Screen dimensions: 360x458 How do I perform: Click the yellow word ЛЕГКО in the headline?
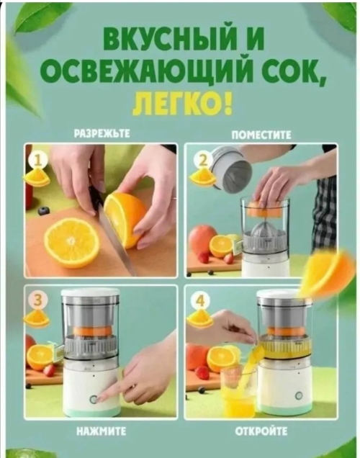tap(179, 104)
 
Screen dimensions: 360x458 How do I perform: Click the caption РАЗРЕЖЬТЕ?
tap(102, 134)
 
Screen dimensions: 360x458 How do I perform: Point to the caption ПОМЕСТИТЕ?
tap(261, 135)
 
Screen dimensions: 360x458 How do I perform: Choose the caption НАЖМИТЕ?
tap(101, 431)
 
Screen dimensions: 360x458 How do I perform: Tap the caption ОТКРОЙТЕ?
tap(261, 431)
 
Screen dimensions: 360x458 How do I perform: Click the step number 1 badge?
tap(38, 161)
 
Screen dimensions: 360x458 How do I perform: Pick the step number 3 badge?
tap(37, 300)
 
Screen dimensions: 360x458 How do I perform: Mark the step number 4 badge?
tap(200, 300)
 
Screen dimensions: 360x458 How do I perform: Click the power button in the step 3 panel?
tap(94, 399)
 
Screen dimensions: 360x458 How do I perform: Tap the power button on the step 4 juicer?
tap(298, 396)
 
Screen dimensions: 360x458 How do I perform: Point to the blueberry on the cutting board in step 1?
tap(44, 210)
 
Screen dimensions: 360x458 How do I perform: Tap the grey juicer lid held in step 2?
tap(231, 167)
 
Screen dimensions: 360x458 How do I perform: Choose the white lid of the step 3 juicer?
tap(90, 292)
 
